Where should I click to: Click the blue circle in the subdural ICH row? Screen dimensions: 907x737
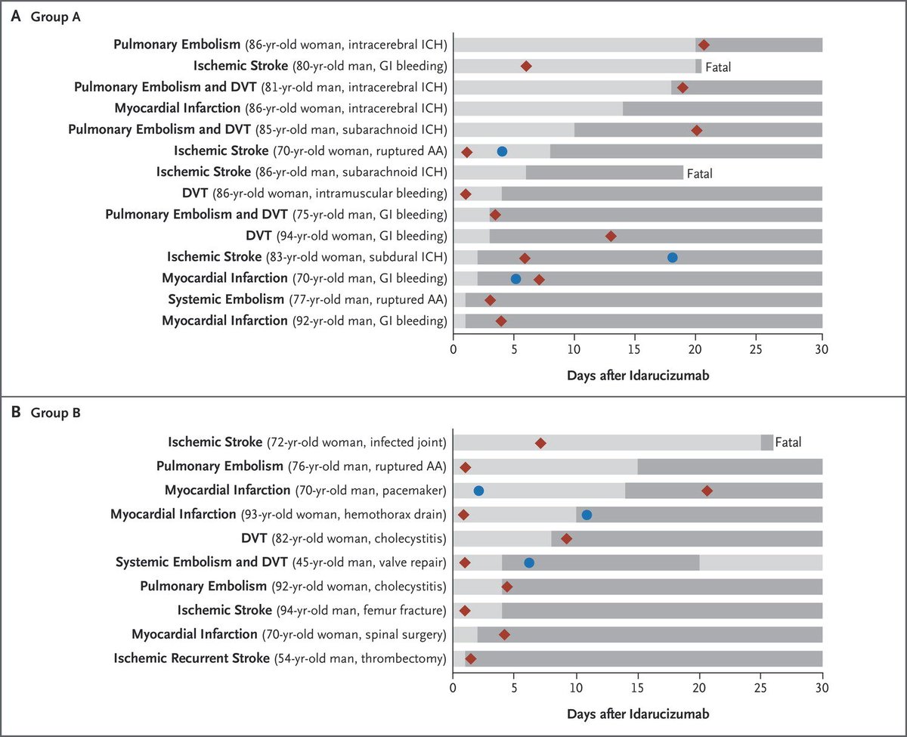(x=673, y=257)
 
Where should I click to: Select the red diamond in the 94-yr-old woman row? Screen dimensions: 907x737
(x=611, y=236)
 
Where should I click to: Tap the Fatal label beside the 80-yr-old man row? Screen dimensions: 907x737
(x=718, y=67)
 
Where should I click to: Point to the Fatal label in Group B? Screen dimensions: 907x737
(x=788, y=442)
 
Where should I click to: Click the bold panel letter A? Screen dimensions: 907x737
(x=16, y=16)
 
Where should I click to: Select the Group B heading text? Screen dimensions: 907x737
(x=55, y=413)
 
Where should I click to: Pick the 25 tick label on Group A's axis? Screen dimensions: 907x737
(x=756, y=349)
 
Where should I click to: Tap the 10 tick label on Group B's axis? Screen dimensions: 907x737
(x=576, y=688)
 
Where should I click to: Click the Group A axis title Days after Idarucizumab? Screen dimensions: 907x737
(x=638, y=376)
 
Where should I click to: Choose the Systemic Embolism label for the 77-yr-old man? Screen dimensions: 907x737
(x=226, y=299)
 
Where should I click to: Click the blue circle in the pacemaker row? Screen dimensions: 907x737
(x=478, y=491)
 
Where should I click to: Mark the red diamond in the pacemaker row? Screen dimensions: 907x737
(x=707, y=491)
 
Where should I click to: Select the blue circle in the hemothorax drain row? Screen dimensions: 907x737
(x=587, y=515)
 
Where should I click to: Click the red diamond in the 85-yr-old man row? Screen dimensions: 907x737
(x=697, y=130)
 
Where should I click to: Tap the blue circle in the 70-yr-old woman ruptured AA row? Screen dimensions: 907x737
(x=502, y=151)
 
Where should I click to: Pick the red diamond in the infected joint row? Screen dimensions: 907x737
(x=540, y=443)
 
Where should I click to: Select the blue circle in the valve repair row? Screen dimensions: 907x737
(x=529, y=563)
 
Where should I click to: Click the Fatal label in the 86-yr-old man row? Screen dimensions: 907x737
(x=700, y=173)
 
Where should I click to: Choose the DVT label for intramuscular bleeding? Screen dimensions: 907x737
(x=194, y=193)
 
